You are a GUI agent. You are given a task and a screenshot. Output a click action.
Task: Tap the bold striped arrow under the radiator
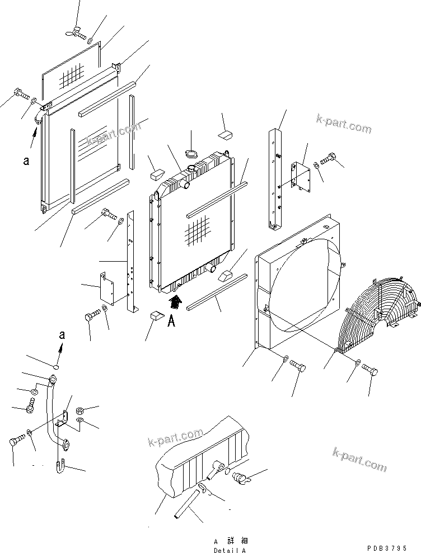click(x=175, y=303)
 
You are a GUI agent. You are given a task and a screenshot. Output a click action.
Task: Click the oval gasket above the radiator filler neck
click(x=192, y=154)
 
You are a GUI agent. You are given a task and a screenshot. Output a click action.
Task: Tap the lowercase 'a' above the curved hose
click(x=62, y=335)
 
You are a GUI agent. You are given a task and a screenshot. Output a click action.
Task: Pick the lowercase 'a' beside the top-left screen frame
click(x=26, y=160)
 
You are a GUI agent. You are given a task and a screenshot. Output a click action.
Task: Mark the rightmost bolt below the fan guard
click(x=370, y=371)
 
